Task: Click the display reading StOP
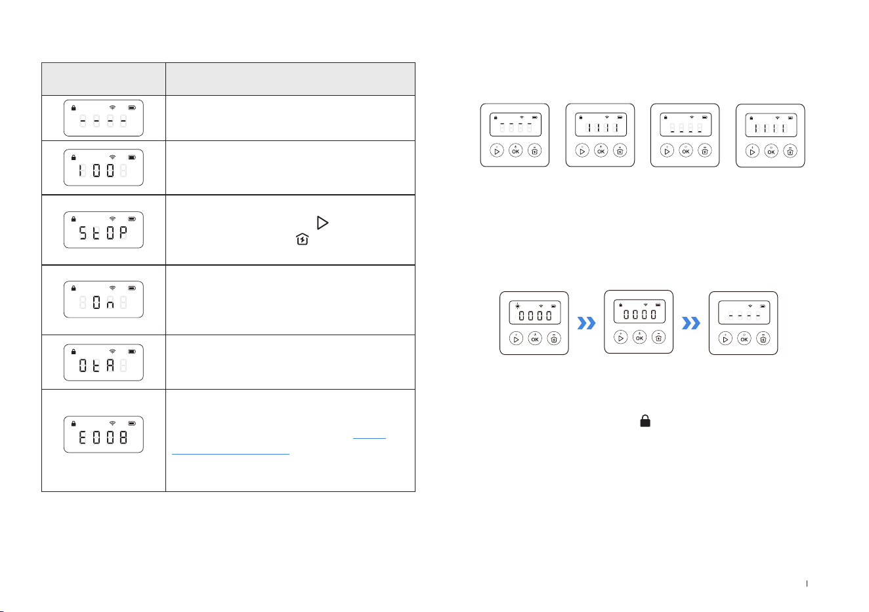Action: pos(104,230)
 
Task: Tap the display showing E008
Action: pos(104,434)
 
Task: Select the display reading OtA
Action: pos(104,362)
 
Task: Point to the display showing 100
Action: pos(104,167)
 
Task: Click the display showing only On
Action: pos(104,299)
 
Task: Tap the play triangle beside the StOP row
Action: pos(322,222)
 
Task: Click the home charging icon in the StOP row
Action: pos(302,239)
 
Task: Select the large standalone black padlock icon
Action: pos(645,421)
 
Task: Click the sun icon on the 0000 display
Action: pos(517,306)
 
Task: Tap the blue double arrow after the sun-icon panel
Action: pos(586,323)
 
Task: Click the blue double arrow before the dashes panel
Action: pos(691,323)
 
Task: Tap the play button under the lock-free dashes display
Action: pos(725,338)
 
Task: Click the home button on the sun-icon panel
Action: pos(554,338)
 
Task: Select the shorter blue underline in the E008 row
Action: pos(370,438)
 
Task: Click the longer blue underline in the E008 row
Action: pos(230,454)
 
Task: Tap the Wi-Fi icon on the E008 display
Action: pos(112,423)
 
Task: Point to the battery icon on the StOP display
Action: pos(132,218)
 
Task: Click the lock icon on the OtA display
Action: pos(74,352)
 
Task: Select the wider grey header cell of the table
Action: pos(290,79)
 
